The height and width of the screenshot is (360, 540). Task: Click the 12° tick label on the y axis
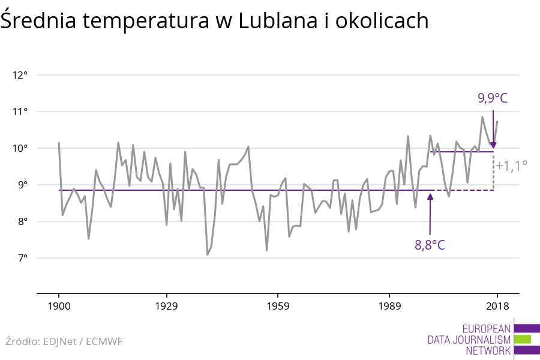click(x=20, y=76)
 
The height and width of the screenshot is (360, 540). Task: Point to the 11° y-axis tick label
click(x=20, y=112)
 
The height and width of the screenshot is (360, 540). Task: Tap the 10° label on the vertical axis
click(x=20, y=149)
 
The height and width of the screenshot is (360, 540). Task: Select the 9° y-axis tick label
click(x=22, y=185)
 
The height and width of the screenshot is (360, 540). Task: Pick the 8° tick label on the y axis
click(x=22, y=222)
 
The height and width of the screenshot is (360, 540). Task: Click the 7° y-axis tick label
click(x=22, y=259)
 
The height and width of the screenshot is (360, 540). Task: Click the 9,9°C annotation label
click(x=493, y=98)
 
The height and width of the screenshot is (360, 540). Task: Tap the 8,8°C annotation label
click(x=430, y=245)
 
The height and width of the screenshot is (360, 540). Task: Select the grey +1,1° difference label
click(x=511, y=165)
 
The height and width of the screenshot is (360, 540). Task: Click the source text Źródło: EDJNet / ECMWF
click(x=64, y=341)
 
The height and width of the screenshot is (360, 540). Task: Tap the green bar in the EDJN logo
click(x=523, y=340)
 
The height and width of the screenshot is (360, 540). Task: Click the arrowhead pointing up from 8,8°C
click(x=430, y=197)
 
